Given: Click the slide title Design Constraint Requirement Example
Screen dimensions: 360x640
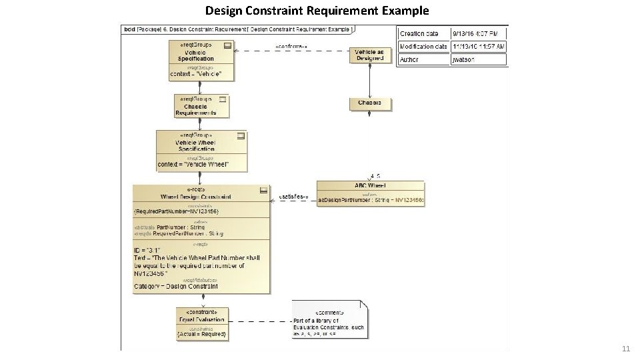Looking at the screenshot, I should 317,11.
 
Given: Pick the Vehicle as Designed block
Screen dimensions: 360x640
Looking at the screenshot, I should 369,55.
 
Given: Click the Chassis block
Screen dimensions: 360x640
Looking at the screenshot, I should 369,103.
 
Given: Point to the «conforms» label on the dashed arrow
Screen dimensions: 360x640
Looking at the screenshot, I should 291,47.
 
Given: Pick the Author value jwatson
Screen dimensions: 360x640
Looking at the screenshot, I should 464,59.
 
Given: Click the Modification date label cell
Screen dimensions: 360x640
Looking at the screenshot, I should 423,47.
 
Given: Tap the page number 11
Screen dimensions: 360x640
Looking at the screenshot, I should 625,349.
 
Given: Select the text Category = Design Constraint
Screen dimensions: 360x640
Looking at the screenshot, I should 176,286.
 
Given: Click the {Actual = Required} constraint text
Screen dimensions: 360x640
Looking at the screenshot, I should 202,333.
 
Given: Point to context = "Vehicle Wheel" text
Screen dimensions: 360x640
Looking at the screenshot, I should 193,164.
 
